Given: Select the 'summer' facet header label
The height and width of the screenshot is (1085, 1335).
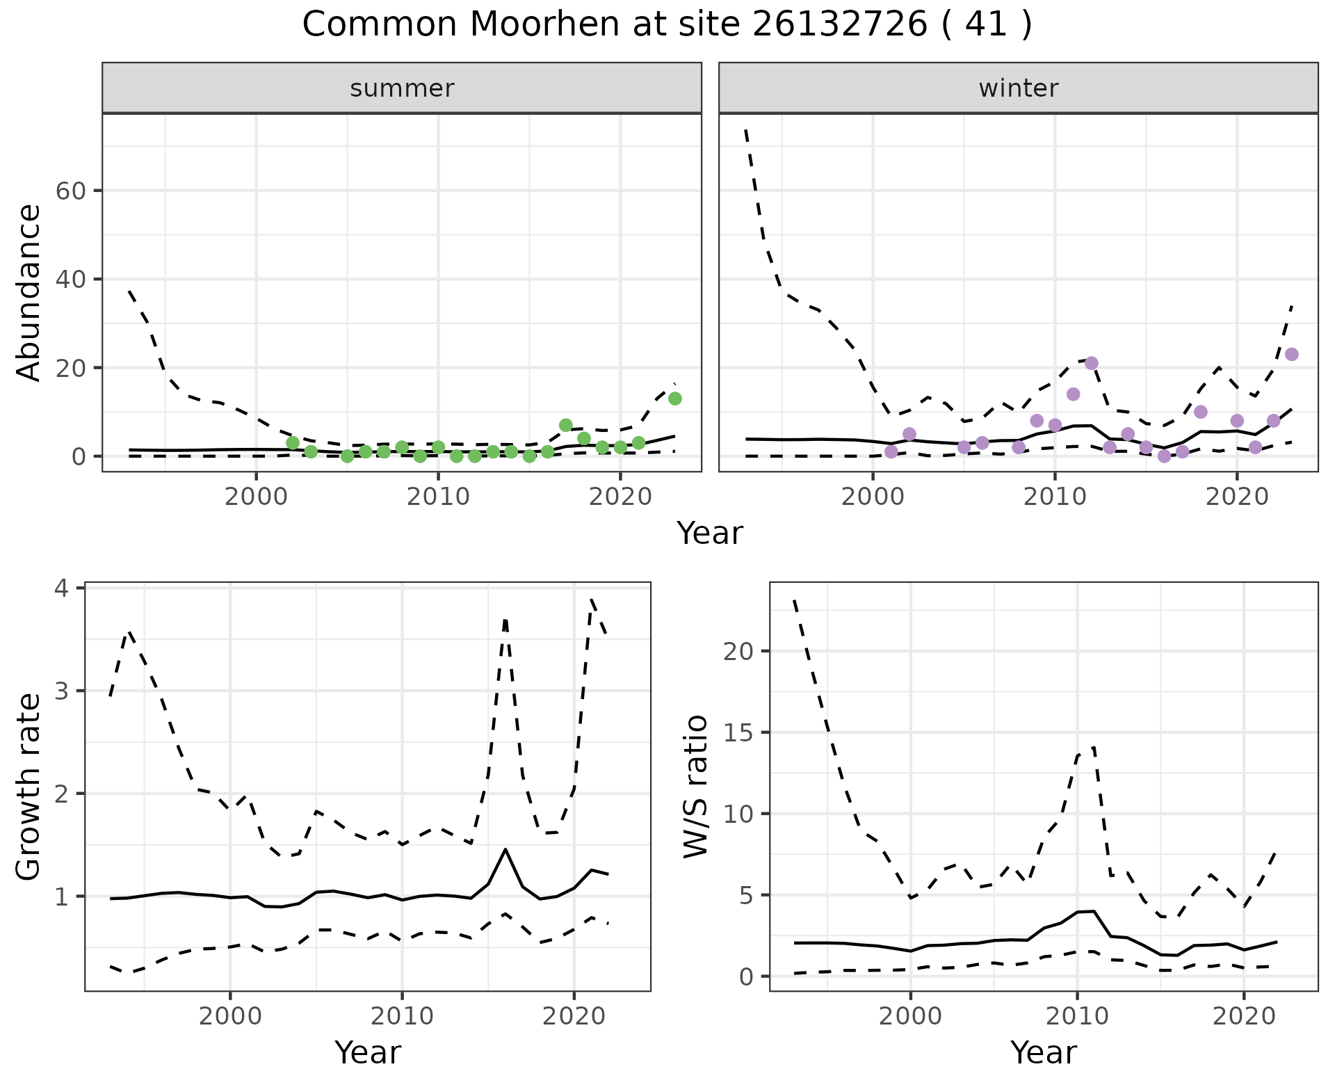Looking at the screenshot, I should (x=402, y=88).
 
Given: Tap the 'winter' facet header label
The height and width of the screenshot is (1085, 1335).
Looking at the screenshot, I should (x=1018, y=88).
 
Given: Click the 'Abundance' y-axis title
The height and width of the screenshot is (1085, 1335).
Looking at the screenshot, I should (x=29, y=293).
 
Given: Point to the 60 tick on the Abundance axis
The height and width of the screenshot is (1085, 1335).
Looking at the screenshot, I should (x=70, y=191).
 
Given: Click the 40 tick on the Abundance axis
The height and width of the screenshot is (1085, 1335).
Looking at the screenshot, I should (x=70, y=280).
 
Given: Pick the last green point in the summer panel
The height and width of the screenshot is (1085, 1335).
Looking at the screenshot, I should (x=674, y=399).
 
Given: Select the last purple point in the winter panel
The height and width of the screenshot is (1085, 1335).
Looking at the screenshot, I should (x=1291, y=355).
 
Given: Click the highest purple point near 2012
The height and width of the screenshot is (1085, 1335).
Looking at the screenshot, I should (x=1091, y=363).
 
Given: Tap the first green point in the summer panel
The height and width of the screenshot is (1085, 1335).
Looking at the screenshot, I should (x=293, y=443).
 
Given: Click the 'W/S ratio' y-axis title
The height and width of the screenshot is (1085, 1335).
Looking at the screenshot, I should (x=695, y=787).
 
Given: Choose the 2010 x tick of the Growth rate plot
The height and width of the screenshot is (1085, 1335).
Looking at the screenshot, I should (x=401, y=1017).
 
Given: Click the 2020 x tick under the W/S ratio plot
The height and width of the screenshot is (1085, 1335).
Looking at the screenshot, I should (x=1243, y=1017).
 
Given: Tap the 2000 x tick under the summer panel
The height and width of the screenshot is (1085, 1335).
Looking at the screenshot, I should (x=256, y=498).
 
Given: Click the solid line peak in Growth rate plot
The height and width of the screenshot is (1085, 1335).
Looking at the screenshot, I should (x=505, y=849).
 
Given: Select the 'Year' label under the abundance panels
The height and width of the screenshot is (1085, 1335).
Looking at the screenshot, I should (x=710, y=533).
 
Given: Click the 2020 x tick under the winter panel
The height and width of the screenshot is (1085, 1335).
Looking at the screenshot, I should (x=1237, y=498).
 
